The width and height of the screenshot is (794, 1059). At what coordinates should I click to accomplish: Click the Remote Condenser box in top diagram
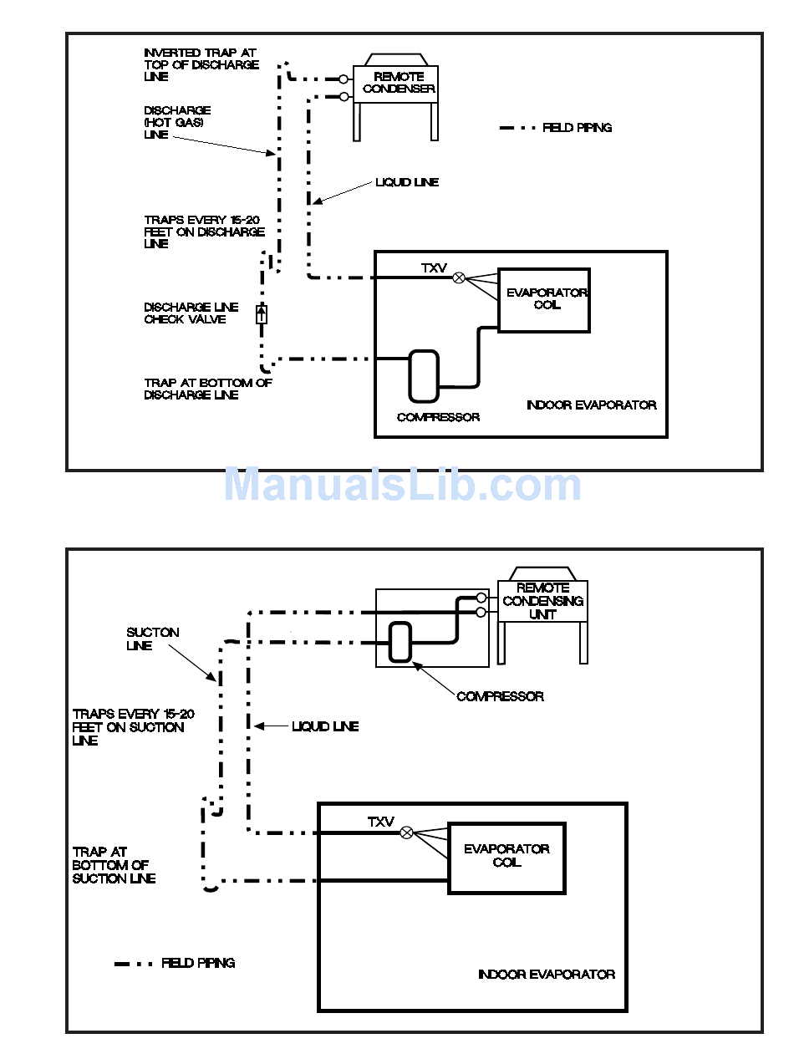[x=399, y=84]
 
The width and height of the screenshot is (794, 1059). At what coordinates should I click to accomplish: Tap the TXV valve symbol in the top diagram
[x=458, y=277]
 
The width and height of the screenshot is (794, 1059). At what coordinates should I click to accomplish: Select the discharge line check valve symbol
[x=262, y=314]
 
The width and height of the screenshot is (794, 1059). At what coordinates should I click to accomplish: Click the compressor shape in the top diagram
[x=424, y=375]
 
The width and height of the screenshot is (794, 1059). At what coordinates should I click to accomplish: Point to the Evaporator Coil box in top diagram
[x=544, y=300]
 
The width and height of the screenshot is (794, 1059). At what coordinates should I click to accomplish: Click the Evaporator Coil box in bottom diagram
[x=506, y=858]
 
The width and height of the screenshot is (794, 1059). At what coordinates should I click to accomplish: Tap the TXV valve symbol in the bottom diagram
[x=407, y=832]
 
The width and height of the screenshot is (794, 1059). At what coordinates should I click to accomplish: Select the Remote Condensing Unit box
[x=542, y=601]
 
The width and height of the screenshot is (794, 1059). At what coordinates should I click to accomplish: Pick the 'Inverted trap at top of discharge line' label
[x=201, y=64]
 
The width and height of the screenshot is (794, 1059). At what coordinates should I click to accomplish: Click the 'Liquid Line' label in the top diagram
[x=407, y=182]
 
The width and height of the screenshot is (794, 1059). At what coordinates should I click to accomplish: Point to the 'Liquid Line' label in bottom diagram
[x=324, y=727]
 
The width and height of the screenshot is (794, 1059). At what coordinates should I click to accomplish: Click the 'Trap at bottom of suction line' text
[x=114, y=865]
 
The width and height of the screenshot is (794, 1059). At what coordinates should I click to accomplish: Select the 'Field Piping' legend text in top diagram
[x=577, y=128]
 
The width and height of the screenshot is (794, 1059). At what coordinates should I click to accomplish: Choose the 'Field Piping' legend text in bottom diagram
[x=198, y=963]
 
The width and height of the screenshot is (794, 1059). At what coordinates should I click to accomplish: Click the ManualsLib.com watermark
[x=402, y=485]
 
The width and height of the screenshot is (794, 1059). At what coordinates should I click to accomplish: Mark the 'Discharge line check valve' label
[x=191, y=313]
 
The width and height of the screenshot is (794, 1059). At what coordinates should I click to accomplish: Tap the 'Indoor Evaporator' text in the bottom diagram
[x=546, y=975]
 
